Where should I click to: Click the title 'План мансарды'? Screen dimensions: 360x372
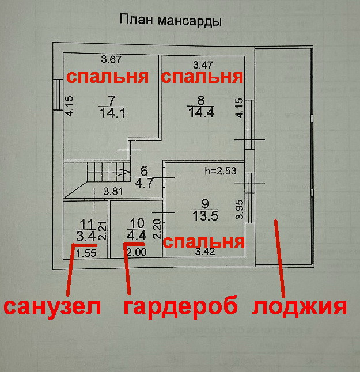170,21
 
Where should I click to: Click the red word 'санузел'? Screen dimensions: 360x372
52,306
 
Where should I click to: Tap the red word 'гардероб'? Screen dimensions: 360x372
180,306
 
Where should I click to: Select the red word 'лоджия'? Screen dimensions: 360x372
300,306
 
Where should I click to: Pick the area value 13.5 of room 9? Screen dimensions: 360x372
206,216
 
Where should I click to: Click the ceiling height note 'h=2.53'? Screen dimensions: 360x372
221,171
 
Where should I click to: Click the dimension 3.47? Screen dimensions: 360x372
203,64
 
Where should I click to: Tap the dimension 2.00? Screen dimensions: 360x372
136,252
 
